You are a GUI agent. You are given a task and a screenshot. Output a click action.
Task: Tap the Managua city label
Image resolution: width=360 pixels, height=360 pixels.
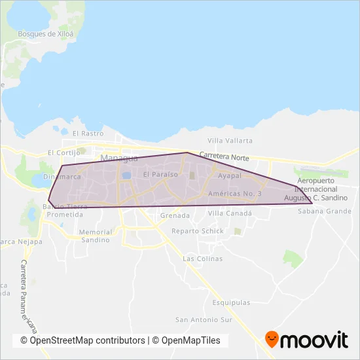click(x=119, y=158)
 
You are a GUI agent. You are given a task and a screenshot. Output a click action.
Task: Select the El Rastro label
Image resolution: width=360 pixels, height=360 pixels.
click(x=88, y=134)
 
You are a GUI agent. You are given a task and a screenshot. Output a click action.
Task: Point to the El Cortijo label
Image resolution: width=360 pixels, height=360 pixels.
click(x=63, y=153)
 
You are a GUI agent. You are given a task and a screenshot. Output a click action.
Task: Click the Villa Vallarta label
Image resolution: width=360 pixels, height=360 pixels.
click(x=230, y=141)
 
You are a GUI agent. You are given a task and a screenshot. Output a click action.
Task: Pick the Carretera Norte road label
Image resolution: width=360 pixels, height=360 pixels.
click(x=225, y=157)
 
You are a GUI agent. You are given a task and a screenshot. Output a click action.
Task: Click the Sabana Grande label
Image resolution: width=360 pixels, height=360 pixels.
click(x=325, y=211)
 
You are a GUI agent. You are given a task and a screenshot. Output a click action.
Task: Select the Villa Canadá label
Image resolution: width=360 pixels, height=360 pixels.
click(x=230, y=213)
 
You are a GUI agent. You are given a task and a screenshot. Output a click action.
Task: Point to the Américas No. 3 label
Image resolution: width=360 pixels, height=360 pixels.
click(x=234, y=194)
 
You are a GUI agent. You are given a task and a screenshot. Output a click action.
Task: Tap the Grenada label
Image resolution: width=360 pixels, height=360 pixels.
click(x=175, y=215)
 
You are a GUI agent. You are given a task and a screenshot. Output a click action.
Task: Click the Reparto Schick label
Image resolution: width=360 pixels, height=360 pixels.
click(x=198, y=231)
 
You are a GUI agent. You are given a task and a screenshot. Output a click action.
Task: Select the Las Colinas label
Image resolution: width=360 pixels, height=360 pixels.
click(x=203, y=259)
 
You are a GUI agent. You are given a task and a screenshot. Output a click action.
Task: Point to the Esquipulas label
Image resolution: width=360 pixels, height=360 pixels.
click(x=231, y=303)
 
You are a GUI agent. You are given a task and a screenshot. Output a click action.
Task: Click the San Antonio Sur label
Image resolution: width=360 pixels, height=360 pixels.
click(x=204, y=320)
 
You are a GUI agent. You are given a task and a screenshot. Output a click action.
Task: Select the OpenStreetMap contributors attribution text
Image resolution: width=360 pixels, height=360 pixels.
click(x=83, y=340)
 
